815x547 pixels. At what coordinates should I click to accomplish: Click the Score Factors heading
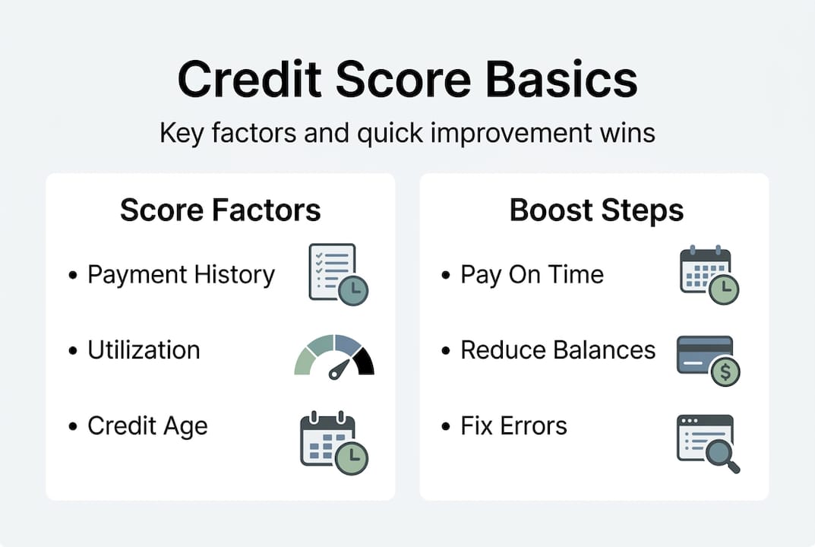(220, 210)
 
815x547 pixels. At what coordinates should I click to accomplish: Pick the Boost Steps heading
(596, 210)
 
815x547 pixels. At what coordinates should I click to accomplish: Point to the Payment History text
(181, 274)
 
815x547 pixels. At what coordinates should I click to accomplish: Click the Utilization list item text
(144, 350)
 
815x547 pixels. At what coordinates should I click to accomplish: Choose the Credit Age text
(147, 425)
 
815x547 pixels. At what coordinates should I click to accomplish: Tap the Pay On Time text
(532, 274)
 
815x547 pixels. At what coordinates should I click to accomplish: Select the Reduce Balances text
(558, 350)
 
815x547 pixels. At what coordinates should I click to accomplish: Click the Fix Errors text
(513, 425)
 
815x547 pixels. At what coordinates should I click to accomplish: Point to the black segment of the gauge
(365, 361)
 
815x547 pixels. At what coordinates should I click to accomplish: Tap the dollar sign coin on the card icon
(725, 372)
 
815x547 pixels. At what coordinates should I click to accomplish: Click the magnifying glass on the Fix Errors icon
(719, 454)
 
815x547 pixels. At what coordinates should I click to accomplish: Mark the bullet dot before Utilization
(73, 351)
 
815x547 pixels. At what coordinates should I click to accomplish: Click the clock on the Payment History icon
(353, 290)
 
